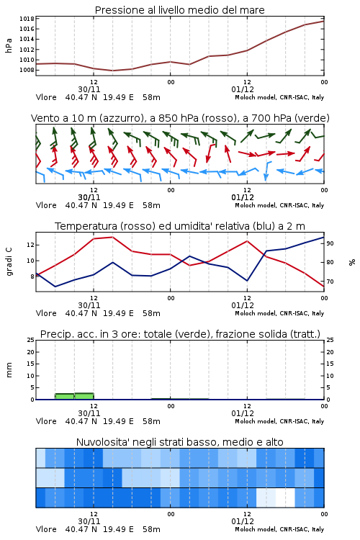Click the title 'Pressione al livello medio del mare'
pos(179,10)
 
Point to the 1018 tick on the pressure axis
pos(27,19)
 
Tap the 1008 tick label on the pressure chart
pos(27,70)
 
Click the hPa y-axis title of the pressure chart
pos(9,45)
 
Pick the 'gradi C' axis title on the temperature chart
pos(9,261)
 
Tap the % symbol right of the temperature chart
pos(352,262)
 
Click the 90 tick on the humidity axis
pos(330,243)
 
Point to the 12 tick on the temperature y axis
pos(30,245)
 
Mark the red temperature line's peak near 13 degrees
pos(112,237)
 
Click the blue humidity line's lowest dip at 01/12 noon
pos(247,281)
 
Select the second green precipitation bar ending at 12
pos(84,396)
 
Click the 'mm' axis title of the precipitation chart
pos(9,369)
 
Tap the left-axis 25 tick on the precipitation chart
pos(31,340)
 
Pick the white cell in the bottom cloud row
pos(285,498)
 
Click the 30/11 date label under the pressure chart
pos(89,89)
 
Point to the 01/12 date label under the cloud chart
pos(243,521)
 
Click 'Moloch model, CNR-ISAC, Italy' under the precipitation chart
pos(279,421)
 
